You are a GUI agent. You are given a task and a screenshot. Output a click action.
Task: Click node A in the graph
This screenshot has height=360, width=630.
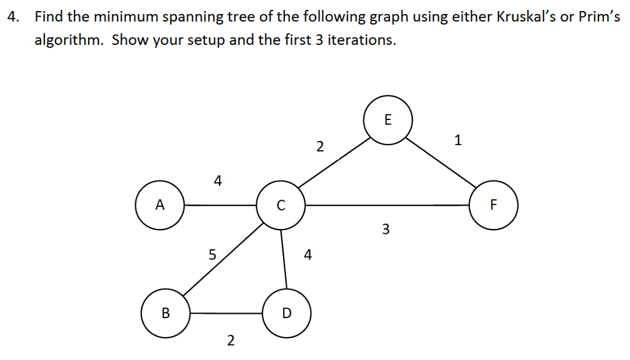coord(160,205)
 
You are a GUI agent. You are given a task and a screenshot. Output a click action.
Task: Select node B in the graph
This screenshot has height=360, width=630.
coord(165,313)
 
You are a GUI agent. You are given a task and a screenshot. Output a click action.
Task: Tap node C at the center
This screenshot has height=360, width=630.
coord(281,205)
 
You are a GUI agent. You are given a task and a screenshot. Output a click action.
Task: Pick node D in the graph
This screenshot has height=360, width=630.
coord(287,313)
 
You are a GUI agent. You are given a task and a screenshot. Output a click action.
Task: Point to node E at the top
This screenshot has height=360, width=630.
coord(388,120)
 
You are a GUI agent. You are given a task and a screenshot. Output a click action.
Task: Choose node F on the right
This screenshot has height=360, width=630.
coord(493,205)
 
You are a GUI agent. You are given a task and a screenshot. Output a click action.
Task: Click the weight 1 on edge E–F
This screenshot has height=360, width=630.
coord(458,140)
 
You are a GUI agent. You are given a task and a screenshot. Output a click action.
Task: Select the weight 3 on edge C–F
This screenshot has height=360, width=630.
coord(386,229)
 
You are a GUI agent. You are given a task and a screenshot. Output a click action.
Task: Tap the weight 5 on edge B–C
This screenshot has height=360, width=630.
coord(212,255)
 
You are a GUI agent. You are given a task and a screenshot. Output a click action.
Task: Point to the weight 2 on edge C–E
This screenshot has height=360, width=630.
coord(320,146)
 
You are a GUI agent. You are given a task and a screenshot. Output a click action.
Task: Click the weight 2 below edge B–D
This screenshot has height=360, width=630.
coord(231,341)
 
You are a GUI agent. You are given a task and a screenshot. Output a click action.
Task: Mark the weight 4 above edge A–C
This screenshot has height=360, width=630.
coord(218,181)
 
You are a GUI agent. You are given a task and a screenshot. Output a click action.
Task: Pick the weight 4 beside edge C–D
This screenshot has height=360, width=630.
coord(308,255)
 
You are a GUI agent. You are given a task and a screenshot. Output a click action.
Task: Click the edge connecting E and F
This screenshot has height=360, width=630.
coord(441,162)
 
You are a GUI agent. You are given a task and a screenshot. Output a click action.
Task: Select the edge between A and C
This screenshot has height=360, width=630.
coord(220,206)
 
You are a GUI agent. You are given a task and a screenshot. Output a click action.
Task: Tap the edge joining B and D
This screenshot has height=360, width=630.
coord(226,313)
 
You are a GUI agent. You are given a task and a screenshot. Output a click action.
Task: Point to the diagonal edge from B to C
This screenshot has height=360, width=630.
coord(223,260)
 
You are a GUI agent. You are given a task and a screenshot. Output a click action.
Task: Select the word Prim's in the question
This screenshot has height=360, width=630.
coord(599,17)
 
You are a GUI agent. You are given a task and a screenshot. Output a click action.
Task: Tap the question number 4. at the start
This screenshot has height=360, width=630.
coord(14,17)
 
